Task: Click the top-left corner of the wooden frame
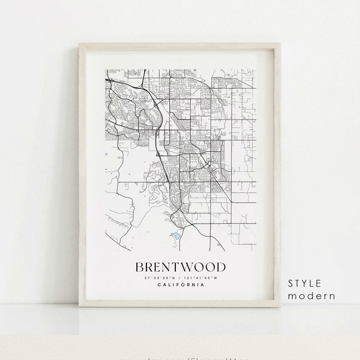[x=80, y=43]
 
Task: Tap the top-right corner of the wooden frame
[x=281, y=43]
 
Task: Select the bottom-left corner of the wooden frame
[x=80, y=306]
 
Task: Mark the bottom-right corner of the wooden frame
[x=281, y=306]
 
